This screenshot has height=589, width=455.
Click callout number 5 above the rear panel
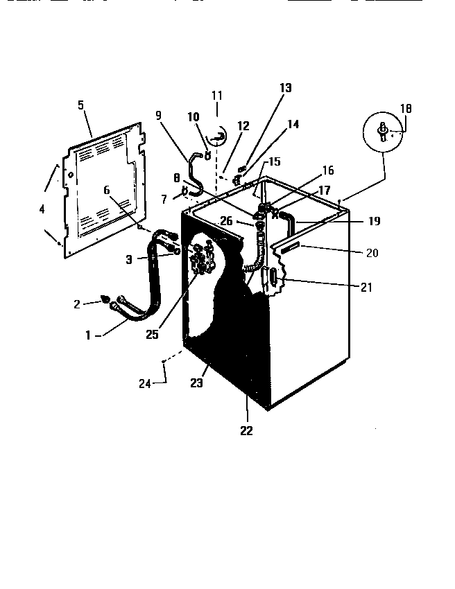click(80, 105)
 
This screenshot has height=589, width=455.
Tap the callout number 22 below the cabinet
click(246, 430)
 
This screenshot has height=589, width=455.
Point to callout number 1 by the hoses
click(89, 335)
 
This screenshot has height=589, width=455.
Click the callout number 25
click(153, 335)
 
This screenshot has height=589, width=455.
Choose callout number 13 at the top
click(286, 88)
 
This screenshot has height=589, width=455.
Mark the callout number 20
click(372, 252)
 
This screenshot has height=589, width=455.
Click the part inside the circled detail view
click(382, 132)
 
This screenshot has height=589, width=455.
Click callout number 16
click(327, 170)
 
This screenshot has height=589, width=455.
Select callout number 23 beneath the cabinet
click(198, 383)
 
